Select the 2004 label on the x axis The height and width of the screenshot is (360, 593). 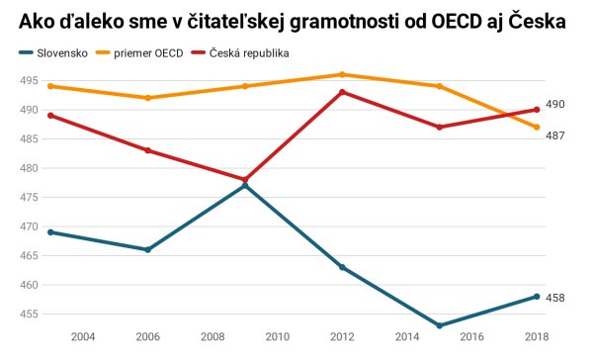pos(83,337)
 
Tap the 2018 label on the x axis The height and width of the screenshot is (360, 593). pos(536,337)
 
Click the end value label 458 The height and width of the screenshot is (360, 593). pos(555,297)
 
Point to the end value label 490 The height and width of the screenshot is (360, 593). pos(555,104)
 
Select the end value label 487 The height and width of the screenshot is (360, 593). pos(555,135)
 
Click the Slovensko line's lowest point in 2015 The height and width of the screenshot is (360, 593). pos(439,325)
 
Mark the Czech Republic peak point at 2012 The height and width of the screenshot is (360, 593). pos(342,92)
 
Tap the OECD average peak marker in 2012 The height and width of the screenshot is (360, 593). pos(342,74)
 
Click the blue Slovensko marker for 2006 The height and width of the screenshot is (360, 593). pos(148,249)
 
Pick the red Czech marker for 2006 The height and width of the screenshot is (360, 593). pos(148,150)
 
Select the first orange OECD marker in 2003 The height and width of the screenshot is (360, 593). pos(51,86)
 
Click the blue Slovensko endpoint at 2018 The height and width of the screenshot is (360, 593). pos(536,296)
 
